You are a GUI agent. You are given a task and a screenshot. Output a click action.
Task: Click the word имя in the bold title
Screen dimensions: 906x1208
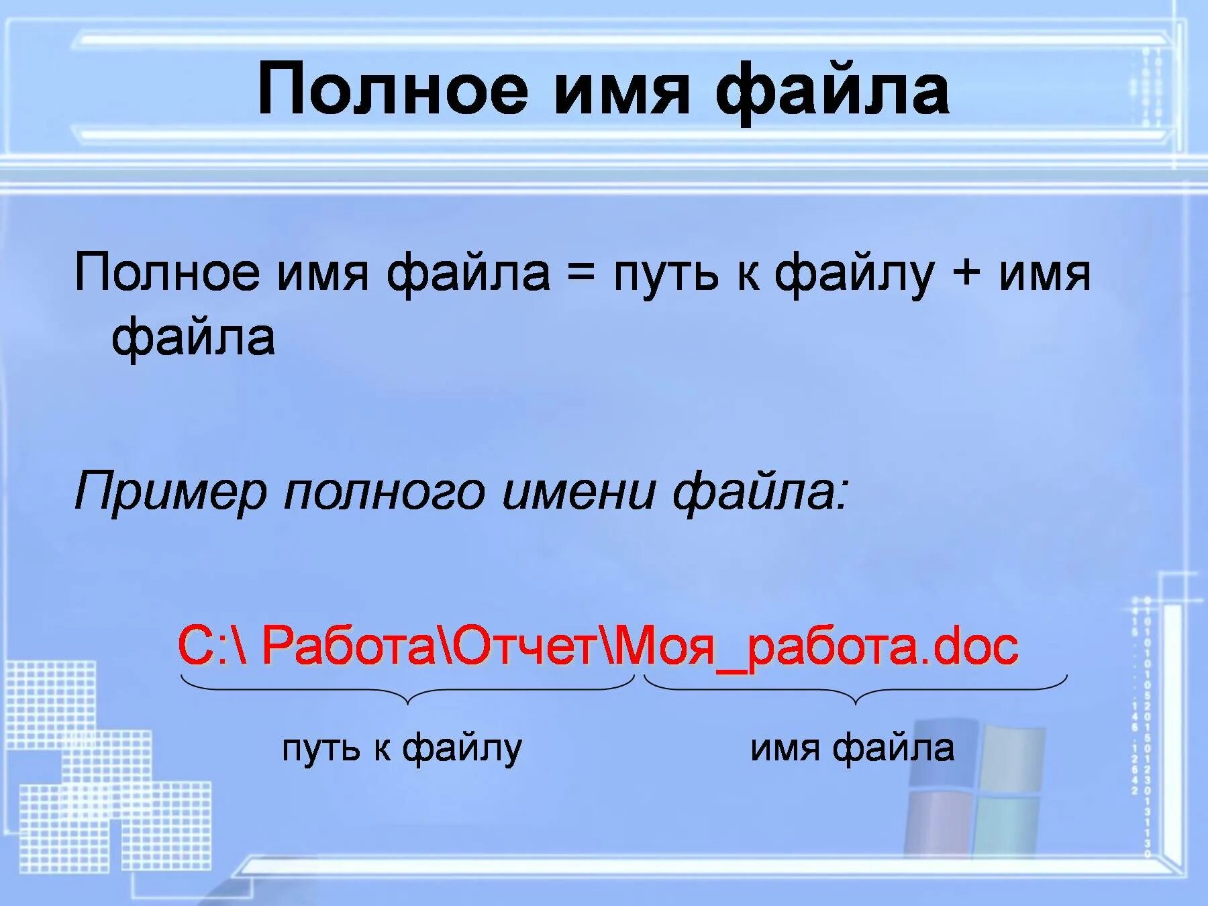click(x=622, y=91)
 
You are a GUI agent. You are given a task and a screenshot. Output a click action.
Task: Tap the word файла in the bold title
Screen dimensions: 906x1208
click(x=832, y=91)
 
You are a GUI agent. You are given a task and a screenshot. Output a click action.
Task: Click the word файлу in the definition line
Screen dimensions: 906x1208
click(x=854, y=275)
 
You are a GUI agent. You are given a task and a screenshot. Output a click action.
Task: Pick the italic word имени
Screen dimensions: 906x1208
click(x=578, y=492)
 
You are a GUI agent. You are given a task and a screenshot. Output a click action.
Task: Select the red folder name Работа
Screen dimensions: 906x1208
click(x=348, y=646)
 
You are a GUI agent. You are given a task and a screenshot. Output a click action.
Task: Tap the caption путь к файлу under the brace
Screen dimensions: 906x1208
click(x=401, y=748)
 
